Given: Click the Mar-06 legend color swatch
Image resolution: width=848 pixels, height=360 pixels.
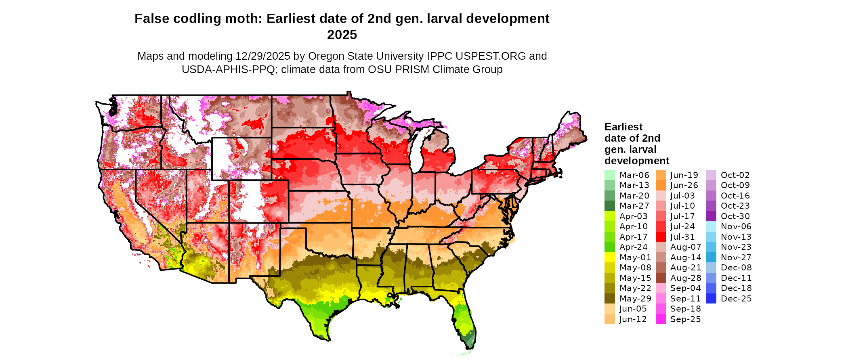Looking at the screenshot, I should point(609,175).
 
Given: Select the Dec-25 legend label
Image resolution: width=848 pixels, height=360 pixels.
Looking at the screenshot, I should point(736,299).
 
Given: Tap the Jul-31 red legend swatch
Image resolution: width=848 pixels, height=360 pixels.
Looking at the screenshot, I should point(661,237).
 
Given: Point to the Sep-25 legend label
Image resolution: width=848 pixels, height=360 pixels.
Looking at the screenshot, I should point(685,319).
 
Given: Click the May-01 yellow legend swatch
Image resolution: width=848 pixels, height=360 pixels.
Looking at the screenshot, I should point(609,257).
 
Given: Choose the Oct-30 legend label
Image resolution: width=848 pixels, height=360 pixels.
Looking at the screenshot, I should point(735,216).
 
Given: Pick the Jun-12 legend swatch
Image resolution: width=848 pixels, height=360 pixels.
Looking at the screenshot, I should point(609,319).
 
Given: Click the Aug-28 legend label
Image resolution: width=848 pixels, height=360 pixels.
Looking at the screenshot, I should point(685,278).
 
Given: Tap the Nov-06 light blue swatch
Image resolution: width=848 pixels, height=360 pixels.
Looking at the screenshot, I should point(711,226).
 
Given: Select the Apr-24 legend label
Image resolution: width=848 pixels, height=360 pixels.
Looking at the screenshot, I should point(633,247).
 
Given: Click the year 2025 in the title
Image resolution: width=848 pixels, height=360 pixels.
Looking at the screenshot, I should point(342,35).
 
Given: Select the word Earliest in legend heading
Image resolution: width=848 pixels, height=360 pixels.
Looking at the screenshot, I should point(623,127).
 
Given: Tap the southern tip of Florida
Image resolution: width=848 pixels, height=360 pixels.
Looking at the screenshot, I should point(471,346).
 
